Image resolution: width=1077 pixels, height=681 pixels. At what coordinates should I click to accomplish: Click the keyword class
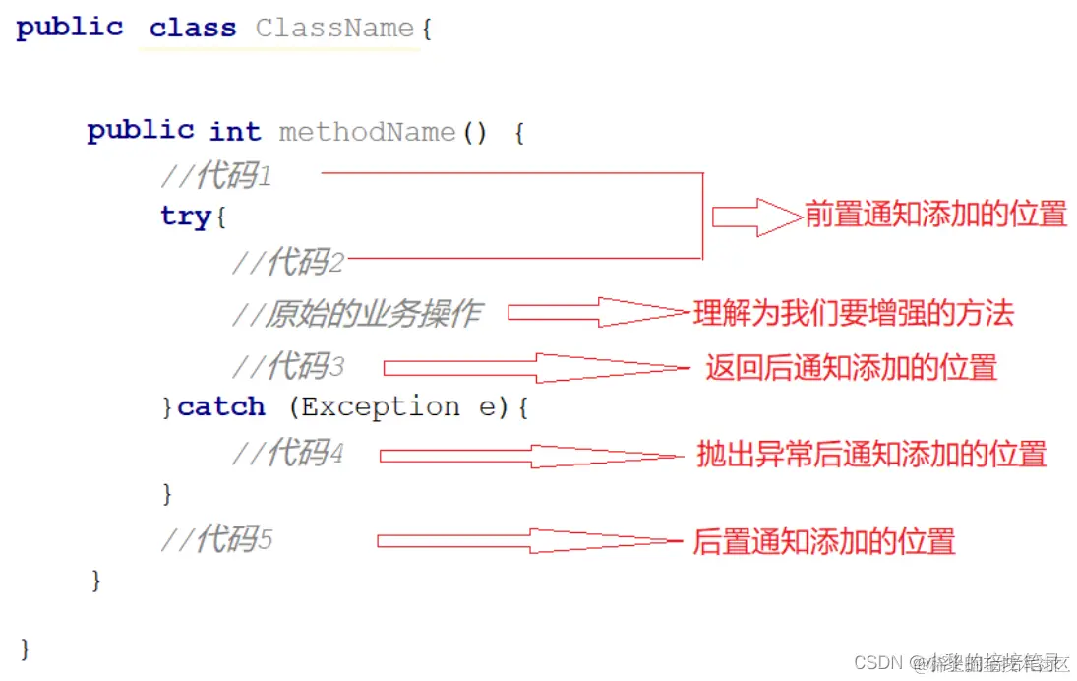(x=193, y=29)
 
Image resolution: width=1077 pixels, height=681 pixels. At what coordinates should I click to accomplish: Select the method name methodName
(x=367, y=132)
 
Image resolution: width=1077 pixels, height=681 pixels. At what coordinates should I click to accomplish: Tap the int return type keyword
(x=235, y=132)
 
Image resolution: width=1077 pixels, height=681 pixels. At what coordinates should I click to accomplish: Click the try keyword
(x=187, y=217)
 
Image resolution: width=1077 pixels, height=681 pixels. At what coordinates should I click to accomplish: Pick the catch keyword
(x=221, y=406)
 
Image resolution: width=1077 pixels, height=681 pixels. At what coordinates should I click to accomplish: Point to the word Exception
(x=379, y=406)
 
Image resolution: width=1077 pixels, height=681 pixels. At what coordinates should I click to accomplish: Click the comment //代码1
(x=216, y=176)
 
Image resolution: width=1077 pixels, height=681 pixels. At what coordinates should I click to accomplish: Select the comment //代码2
(x=288, y=262)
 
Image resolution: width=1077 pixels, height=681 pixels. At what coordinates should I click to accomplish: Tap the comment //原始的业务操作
(x=357, y=314)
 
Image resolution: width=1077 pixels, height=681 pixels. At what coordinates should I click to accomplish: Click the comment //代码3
(x=288, y=367)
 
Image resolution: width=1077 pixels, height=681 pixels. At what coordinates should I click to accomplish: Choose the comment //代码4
(x=288, y=454)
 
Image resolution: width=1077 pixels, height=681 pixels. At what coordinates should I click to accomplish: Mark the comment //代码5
(x=216, y=539)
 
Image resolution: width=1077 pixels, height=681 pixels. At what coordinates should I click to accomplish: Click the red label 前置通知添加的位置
(x=935, y=215)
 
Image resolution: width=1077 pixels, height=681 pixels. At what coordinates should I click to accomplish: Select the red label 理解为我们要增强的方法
(x=853, y=314)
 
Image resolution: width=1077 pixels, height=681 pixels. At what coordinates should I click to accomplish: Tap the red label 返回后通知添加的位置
(x=851, y=368)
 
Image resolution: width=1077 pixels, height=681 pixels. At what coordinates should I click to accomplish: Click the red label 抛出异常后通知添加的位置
(x=871, y=454)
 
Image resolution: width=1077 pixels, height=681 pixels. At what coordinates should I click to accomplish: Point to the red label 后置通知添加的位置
(x=824, y=540)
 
